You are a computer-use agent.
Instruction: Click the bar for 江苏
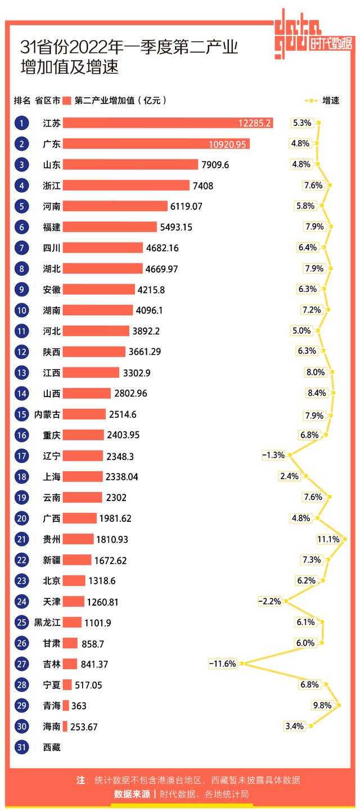point(168,123)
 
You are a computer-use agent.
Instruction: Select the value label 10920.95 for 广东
point(227,144)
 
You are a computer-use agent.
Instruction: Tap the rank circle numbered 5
point(21,206)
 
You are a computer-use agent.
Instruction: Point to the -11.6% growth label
point(222,664)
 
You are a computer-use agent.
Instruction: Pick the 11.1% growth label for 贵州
point(328,539)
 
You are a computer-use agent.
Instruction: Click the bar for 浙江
point(126,186)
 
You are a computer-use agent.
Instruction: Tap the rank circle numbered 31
point(21,747)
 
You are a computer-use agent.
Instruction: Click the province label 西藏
point(52,747)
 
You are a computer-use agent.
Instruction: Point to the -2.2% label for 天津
point(269,601)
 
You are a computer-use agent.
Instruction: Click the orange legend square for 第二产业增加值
point(67,101)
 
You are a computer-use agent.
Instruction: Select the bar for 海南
point(65,727)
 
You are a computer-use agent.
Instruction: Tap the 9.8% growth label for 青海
point(322,705)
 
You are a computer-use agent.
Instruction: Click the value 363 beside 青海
point(79,706)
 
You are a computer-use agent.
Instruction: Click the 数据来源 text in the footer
point(132,794)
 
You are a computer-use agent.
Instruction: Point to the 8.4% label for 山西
point(317,393)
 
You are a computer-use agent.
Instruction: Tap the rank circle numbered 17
point(21,456)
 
